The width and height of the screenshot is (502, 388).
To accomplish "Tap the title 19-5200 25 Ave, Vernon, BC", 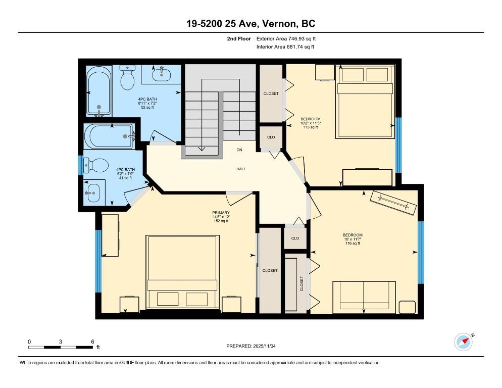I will pyautogui.click(x=250, y=24).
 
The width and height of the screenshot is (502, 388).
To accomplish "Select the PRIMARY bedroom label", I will pyautogui.click(x=221, y=213).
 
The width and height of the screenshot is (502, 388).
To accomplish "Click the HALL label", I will pyautogui.click(x=241, y=169).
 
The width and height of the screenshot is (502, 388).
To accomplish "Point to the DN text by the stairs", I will pyautogui.click(x=240, y=150).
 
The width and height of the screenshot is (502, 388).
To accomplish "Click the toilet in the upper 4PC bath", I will pyautogui.click(x=127, y=77).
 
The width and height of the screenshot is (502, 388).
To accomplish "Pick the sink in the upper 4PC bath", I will pyautogui.click(x=162, y=75).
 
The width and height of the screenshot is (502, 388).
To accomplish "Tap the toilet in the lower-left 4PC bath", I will pyautogui.click(x=95, y=165).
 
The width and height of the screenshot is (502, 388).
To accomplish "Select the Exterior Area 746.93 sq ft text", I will pyautogui.click(x=286, y=38).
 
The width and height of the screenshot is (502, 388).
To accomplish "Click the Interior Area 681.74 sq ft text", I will pyautogui.click(x=285, y=47).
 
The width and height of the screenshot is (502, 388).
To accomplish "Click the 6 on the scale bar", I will pyautogui.click(x=92, y=342).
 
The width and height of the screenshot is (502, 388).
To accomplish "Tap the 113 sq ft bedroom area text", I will pyautogui.click(x=310, y=127).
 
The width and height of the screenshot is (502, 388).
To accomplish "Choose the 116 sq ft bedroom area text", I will pyautogui.click(x=353, y=244).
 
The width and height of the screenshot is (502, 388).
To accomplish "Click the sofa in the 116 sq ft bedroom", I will pyautogui.click(x=364, y=295).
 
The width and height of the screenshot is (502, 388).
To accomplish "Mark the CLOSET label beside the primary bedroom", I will pyautogui.click(x=270, y=270).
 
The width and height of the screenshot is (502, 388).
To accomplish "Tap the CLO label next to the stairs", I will pyautogui.click(x=271, y=137).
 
